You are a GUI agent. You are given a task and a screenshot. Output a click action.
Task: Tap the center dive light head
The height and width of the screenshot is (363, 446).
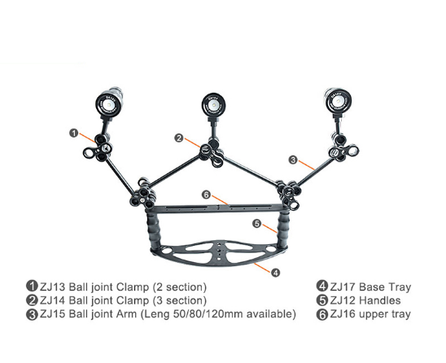[213, 105]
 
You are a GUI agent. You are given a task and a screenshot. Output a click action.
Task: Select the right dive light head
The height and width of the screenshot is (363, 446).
[339, 102]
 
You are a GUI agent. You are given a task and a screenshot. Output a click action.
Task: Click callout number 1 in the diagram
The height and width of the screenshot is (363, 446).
[74, 133]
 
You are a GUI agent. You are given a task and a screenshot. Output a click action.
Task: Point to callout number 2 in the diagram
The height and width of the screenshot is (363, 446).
[179, 138]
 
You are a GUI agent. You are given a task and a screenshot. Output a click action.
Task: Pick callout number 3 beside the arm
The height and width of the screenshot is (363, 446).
[293, 160]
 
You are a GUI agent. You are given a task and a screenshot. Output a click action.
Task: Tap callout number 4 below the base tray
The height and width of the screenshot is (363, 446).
[275, 273]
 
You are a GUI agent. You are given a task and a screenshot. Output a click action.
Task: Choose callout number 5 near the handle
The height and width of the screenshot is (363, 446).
[257, 224]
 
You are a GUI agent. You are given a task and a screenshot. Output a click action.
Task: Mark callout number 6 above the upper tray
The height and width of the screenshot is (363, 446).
[207, 195]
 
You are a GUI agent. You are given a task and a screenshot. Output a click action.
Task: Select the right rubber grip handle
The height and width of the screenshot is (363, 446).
[282, 230]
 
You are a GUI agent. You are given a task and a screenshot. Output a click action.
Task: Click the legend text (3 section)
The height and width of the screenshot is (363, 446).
[180, 301]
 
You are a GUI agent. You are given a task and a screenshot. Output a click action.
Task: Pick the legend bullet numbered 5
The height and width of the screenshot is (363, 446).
[322, 300]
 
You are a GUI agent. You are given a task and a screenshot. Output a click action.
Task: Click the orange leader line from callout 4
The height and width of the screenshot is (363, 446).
[262, 268]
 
